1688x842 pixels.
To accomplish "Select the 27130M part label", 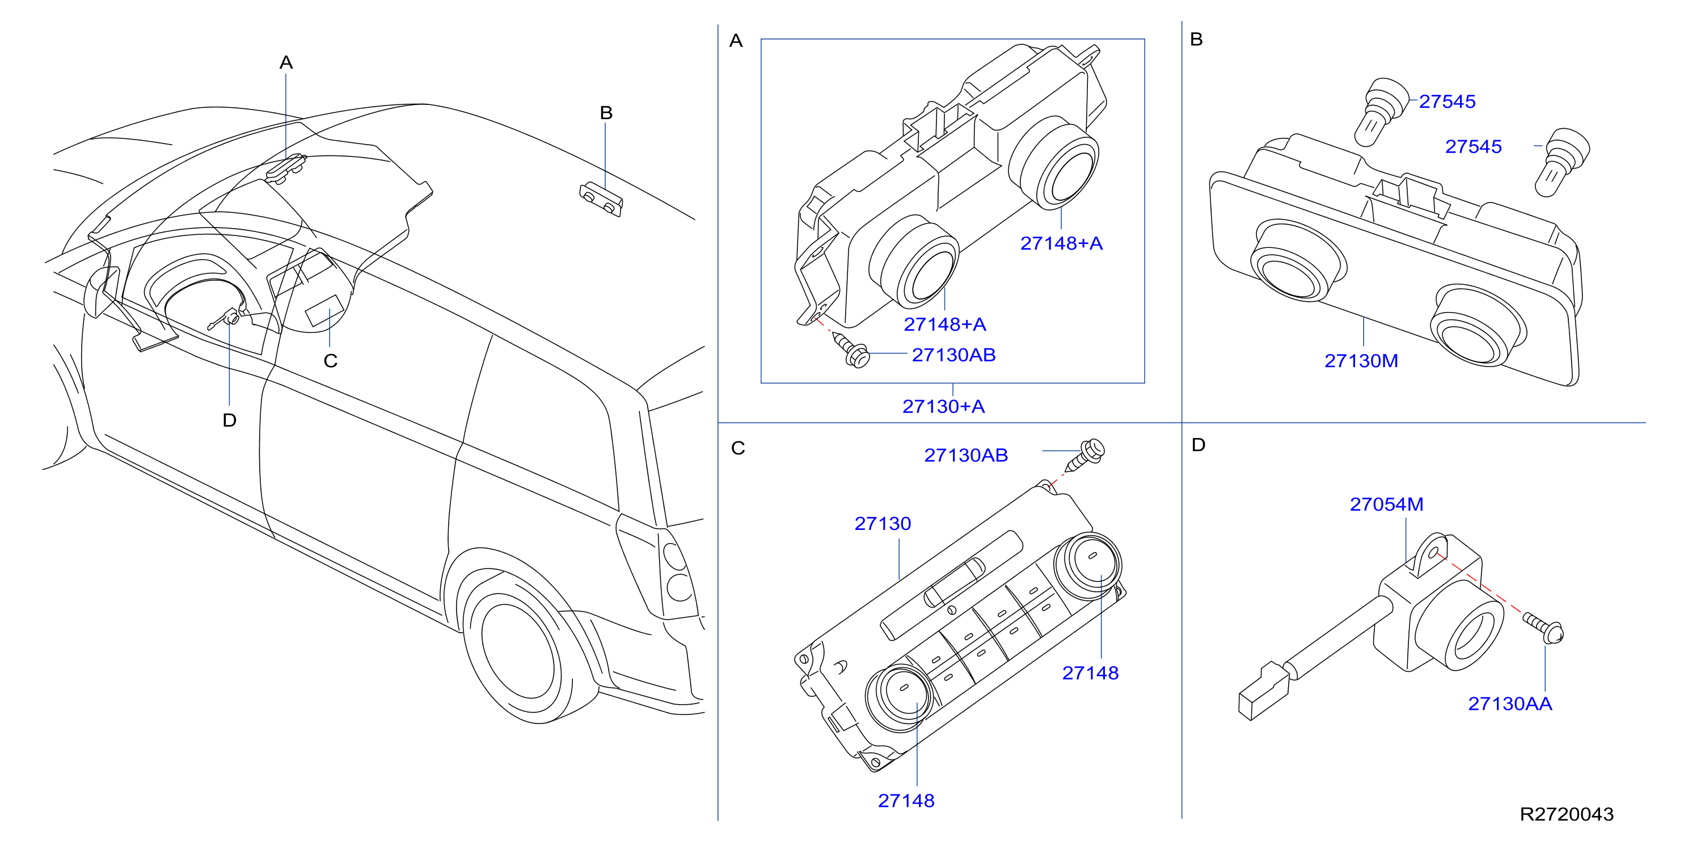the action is point(1361,361).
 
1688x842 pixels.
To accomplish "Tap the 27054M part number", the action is point(1387,504).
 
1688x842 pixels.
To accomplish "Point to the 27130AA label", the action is point(1510,704).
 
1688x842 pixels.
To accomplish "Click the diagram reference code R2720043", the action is point(1566,814).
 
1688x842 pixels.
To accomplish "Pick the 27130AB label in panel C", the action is point(966,456).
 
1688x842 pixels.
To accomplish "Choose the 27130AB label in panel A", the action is point(953,355).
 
